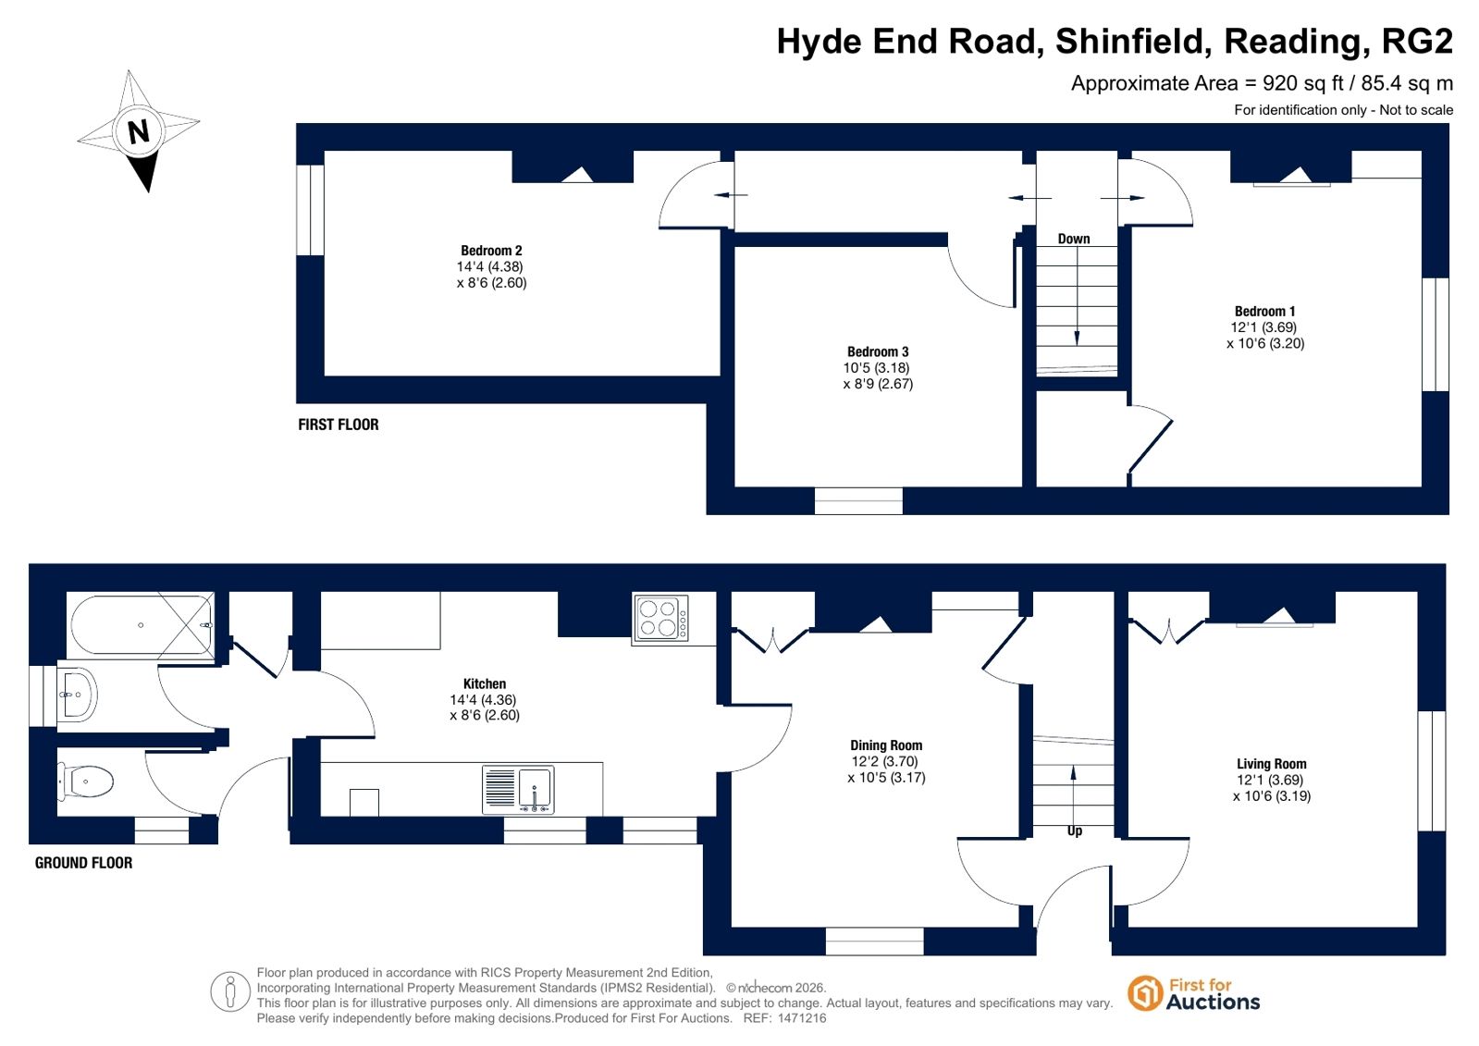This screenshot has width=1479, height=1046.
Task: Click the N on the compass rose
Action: click(138, 131)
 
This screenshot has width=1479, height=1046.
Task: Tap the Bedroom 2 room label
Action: click(491, 251)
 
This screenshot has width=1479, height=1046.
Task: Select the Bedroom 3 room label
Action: click(878, 351)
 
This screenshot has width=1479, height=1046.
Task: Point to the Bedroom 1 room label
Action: click(1264, 311)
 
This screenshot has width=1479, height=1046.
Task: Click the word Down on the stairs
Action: click(1074, 239)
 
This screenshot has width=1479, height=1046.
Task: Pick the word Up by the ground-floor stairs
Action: click(1074, 831)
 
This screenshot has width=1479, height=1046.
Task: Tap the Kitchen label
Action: click(484, 683)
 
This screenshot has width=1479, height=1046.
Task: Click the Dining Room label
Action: click(886, 745)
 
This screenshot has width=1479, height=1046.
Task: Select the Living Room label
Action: click(1271, 763)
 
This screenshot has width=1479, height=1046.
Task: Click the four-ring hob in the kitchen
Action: click(660, 618)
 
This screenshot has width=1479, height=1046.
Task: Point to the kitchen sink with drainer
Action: click(518, 789)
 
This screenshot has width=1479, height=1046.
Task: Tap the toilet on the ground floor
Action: click(86, 781)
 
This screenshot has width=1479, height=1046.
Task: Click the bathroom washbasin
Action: click(78, 695)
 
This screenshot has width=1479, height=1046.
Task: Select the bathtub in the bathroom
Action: click(142, 624)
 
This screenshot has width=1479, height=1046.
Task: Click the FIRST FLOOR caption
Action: click(338, 425)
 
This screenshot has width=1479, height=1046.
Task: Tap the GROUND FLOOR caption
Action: click(83, 863)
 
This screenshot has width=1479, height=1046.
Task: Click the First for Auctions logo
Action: click(1193, 994)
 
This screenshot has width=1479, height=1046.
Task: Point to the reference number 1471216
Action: click(802, 1018)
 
